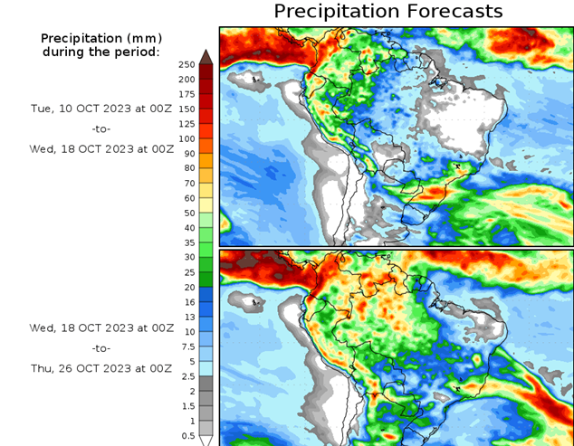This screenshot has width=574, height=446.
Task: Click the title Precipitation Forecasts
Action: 387,12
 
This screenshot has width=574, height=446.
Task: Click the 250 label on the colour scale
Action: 187,65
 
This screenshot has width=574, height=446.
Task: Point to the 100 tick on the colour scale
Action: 187,138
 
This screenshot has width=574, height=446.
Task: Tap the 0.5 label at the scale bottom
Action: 187,437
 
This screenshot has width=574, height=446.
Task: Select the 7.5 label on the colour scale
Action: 187,346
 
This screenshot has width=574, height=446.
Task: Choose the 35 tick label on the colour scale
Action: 187,242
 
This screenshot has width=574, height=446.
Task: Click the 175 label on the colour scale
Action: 187,94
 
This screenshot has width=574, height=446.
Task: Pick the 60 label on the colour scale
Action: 187,198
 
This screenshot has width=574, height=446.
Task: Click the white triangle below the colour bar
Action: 206,441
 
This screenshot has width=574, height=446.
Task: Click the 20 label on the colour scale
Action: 187,288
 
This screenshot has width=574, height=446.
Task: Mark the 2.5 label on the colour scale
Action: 187,376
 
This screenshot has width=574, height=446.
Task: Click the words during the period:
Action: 100,52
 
